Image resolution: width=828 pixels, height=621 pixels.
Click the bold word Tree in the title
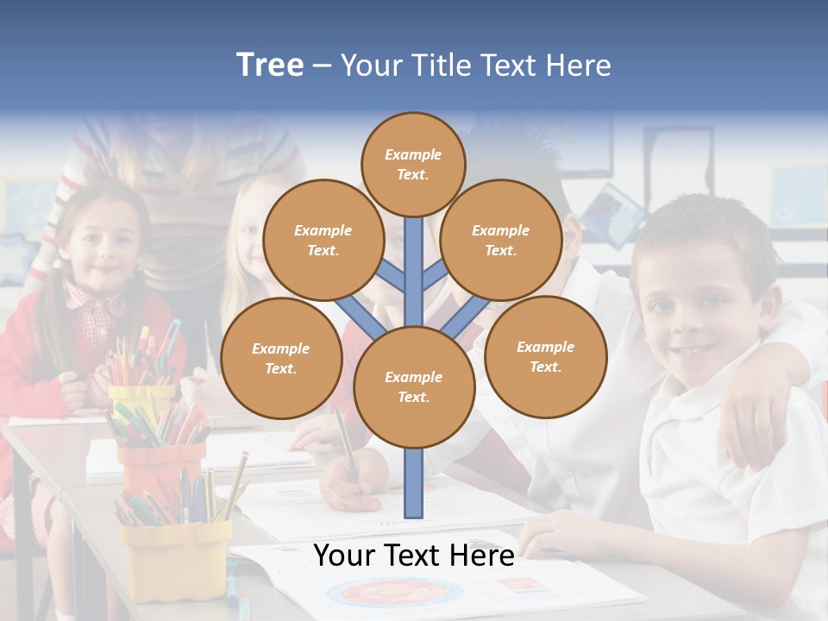point(270,65)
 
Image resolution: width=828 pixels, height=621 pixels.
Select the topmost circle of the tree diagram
point(413,164)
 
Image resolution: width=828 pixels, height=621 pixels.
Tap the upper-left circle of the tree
point(323,240)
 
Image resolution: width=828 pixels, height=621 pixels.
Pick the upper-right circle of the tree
point(500,240)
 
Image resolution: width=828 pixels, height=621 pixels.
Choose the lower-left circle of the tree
point(281,358)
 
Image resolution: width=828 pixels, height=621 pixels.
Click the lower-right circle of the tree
point(545,356)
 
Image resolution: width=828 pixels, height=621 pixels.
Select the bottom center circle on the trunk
point(414,386)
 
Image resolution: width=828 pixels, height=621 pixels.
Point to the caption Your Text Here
point(413,555)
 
